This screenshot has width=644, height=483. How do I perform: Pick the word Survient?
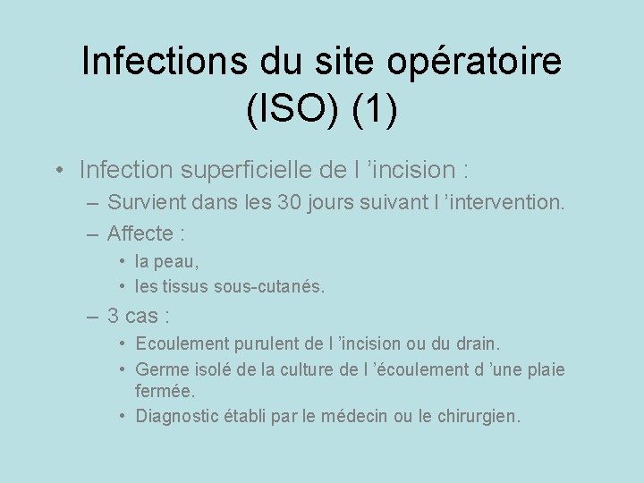click(x=144, y=203)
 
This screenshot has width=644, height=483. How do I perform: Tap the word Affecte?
click(x=140, y=234)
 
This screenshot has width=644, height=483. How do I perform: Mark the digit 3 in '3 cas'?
click(x=114, y=316)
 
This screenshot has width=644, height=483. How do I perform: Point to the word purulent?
click(x=268, y=343)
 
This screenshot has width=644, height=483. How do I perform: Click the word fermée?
click(x=165, y=392)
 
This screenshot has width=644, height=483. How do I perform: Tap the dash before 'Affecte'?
click(x=94, y=234)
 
